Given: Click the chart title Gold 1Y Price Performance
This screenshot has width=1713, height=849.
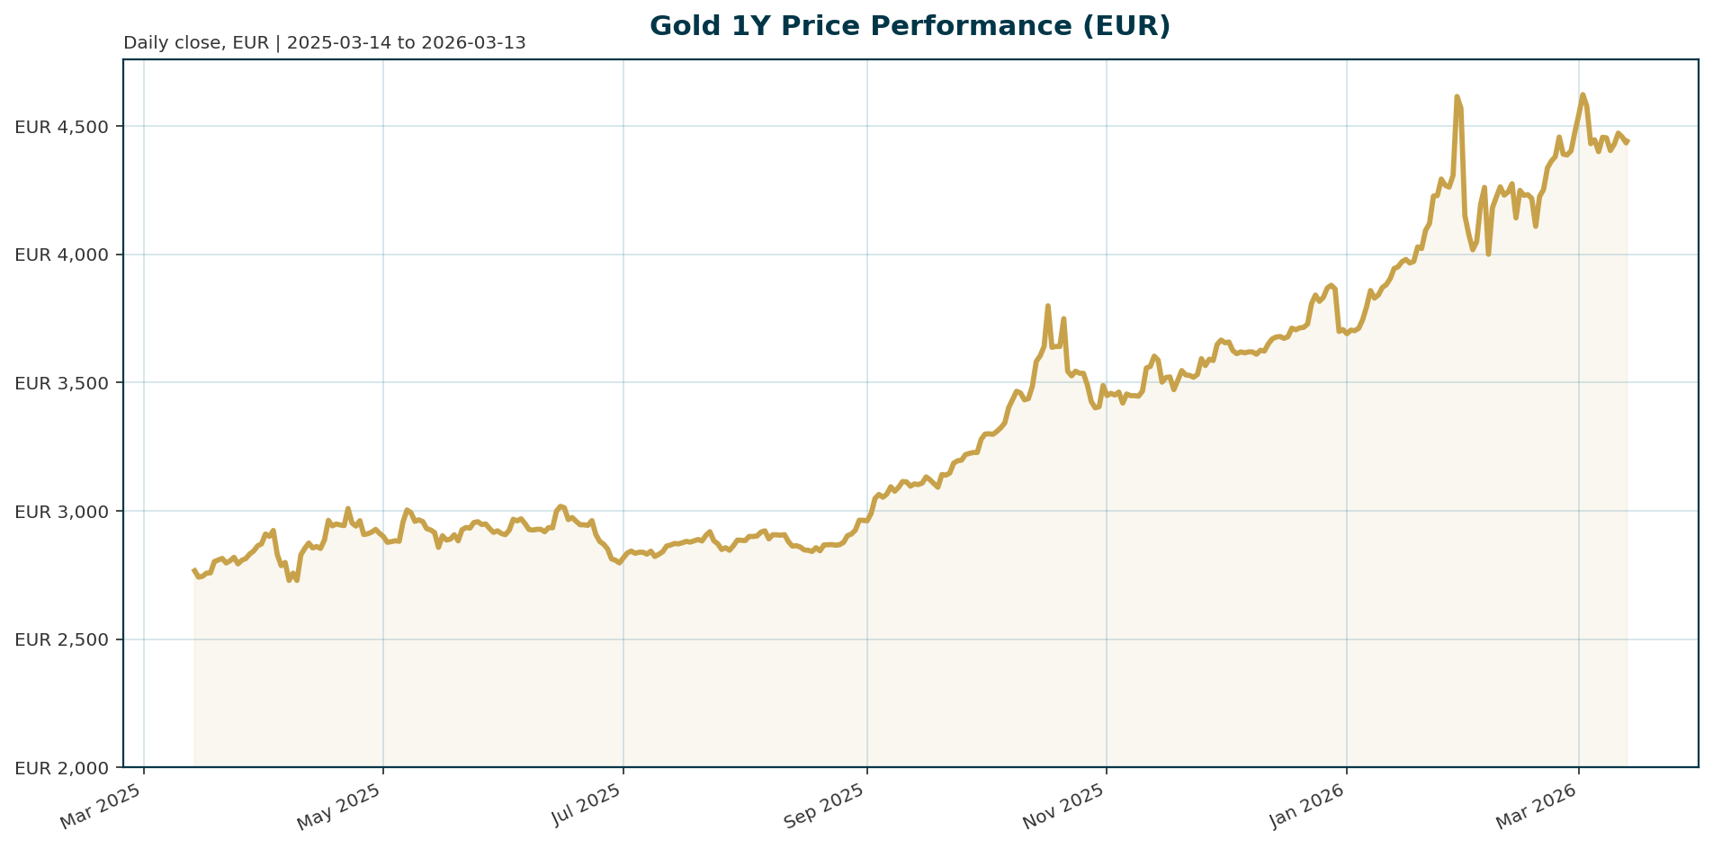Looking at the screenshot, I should point(910,26).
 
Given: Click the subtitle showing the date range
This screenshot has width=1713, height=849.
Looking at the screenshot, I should point(324,43).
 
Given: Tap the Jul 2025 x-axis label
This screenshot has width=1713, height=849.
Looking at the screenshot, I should point(585,807).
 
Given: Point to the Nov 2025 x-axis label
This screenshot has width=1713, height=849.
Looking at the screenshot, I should point(1065,807).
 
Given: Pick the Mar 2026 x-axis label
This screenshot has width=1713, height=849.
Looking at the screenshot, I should point(1538,807).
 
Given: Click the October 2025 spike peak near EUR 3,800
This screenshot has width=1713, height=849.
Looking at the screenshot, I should point(1047,306).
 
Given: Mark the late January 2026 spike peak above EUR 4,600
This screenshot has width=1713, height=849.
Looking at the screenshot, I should point(1457,96).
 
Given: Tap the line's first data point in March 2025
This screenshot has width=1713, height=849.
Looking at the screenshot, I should point(194,569).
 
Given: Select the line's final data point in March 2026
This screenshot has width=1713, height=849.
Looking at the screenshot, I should point(1628,140).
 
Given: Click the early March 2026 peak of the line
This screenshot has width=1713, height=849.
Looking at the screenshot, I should point(1583,94).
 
